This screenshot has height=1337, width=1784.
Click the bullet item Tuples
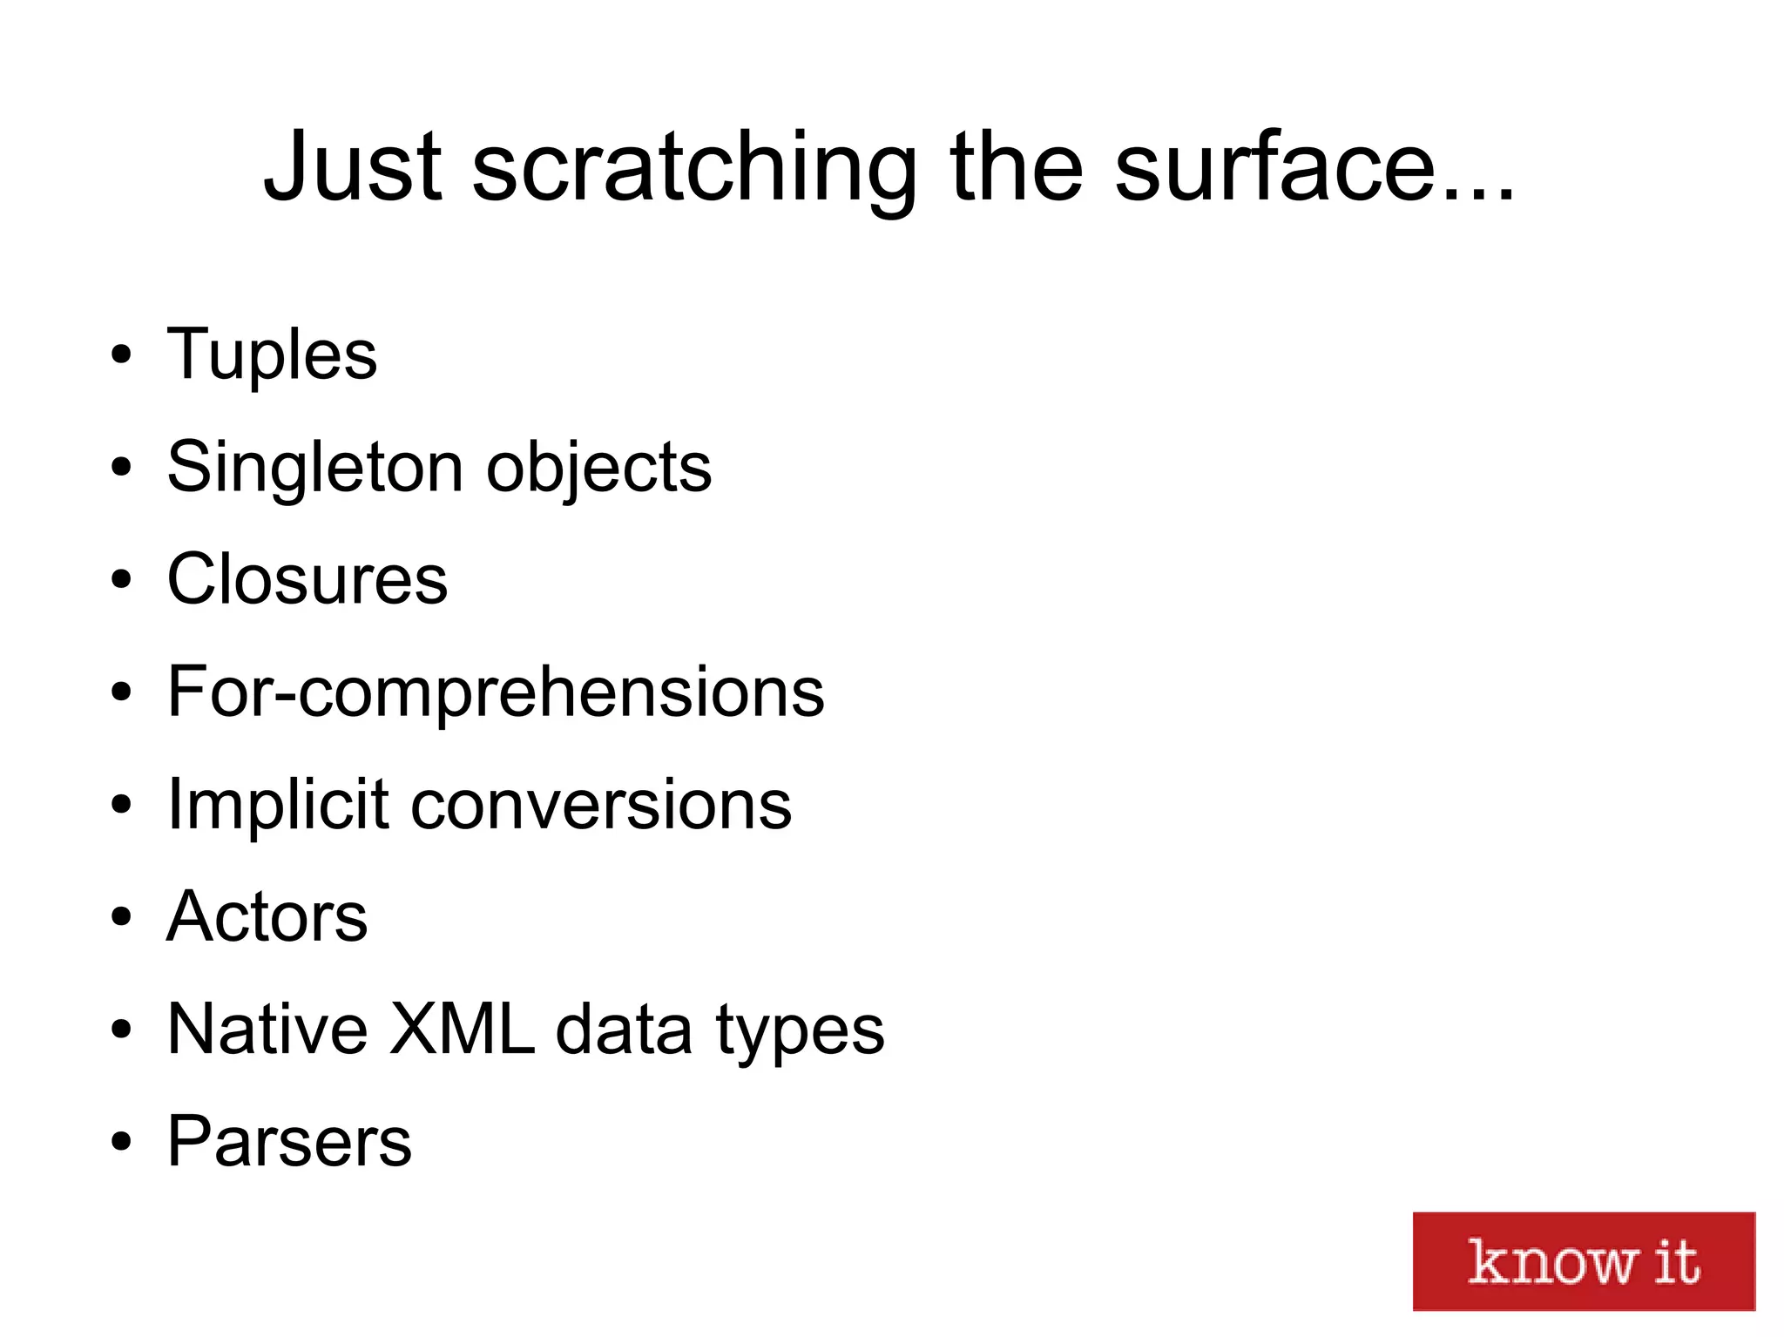coord(272,355)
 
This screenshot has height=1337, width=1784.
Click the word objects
coord(598,469)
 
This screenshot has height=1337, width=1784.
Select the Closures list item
coord(307,579)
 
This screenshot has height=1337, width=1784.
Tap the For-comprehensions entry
coord(495,692)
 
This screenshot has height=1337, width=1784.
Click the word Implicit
coord(277,805)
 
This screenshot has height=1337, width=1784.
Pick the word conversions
coord(601,805)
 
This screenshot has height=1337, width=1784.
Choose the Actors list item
coord(267,916)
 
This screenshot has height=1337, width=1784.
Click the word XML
coord(461,1029)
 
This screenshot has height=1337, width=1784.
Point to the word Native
coord(267,1029)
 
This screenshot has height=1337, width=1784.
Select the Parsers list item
coord(288,1141)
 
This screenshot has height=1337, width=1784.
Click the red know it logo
coord(1583,1260)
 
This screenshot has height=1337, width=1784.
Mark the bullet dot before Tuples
coord(121,355)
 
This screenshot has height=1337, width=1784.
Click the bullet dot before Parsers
coord(121,1141)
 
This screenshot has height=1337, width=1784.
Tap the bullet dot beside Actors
coord(121,917)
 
